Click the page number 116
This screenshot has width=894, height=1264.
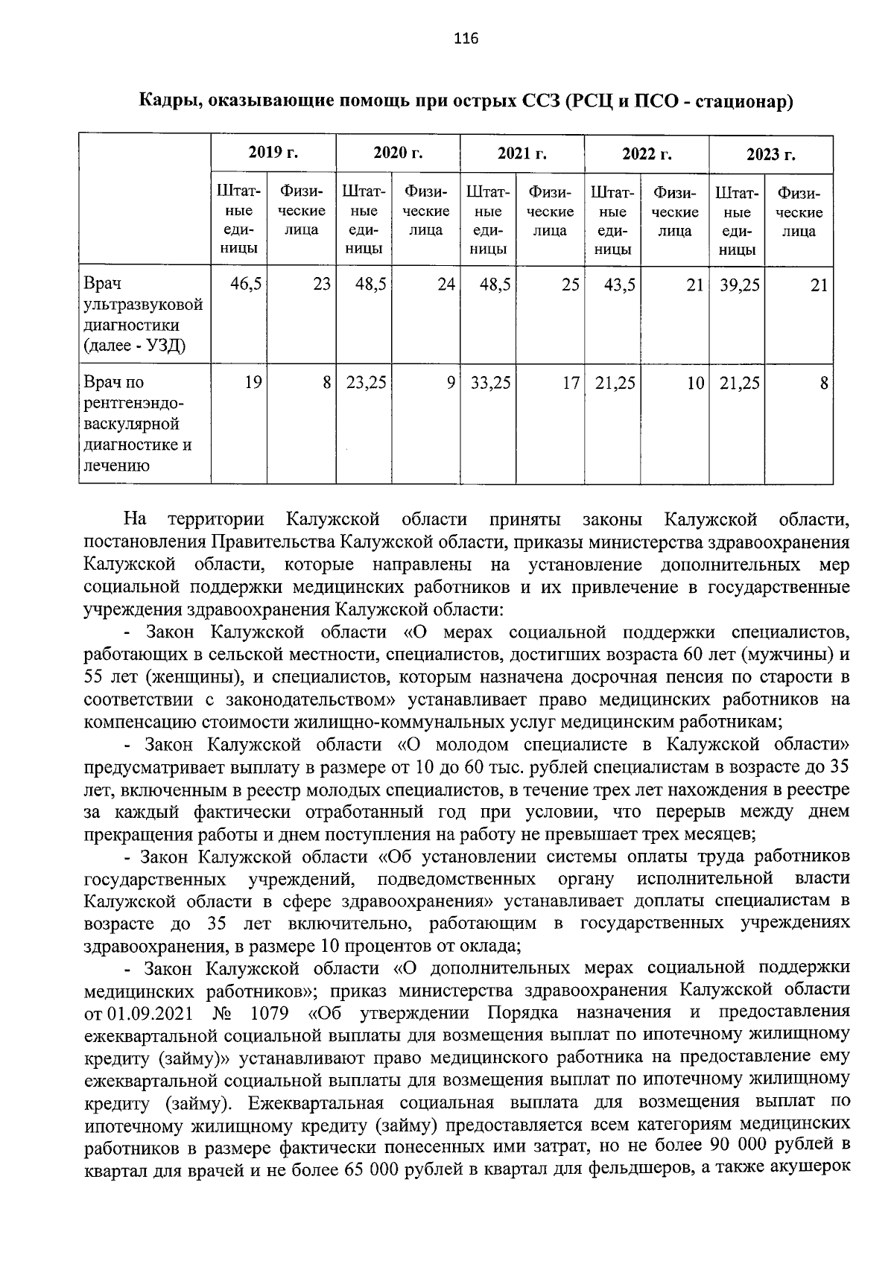pos(465,39)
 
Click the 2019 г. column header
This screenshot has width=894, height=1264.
pos(273,153)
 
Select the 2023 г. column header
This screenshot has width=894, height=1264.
pos(771,154)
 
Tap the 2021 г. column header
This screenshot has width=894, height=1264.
pos(521,153)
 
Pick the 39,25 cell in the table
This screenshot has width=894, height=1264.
pos(739,285)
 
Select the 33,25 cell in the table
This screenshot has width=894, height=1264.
pos(492,383)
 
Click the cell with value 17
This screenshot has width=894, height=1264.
pos(571,383)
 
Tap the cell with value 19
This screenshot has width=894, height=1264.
pos(253,383)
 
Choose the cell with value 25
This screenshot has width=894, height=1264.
pos(571,285)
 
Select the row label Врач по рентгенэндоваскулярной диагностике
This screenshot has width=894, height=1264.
pos(138,424)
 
